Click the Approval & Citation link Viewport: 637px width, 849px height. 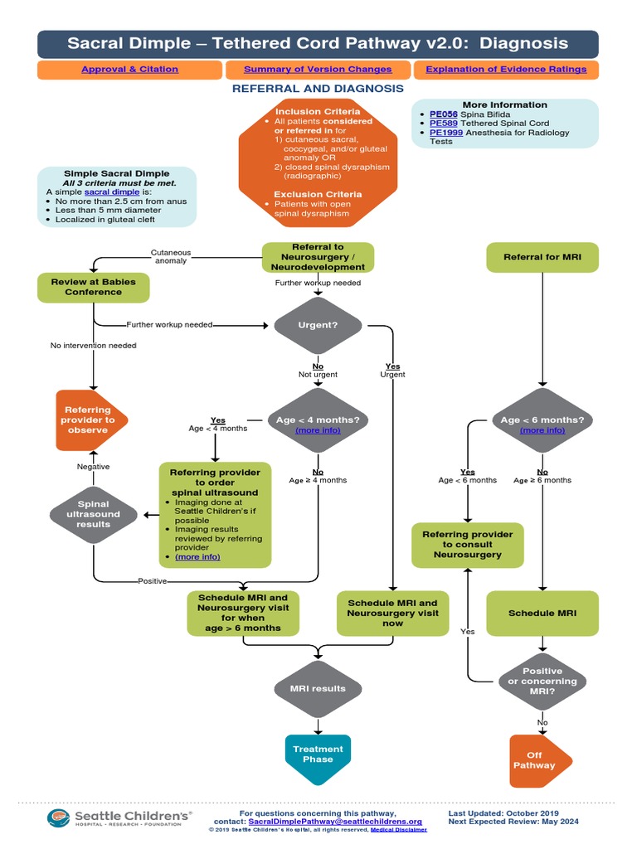coord(129,70)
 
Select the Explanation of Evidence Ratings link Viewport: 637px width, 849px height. coord(505,70)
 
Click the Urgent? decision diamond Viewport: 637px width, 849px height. coord(318,325)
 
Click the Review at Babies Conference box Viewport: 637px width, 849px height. coord(93,287)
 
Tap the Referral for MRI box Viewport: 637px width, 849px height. coord(542,257)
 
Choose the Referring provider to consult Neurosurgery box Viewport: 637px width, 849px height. coord(468,545)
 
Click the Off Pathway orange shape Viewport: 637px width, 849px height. coord(538,760)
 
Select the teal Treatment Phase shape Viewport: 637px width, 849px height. coord(318,754)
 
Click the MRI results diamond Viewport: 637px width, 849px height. coord(318,689)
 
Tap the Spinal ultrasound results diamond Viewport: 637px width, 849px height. coord(93,514)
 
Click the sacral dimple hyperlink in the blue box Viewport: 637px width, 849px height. coord(111,192)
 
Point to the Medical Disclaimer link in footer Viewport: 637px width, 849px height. coord(399,829)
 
